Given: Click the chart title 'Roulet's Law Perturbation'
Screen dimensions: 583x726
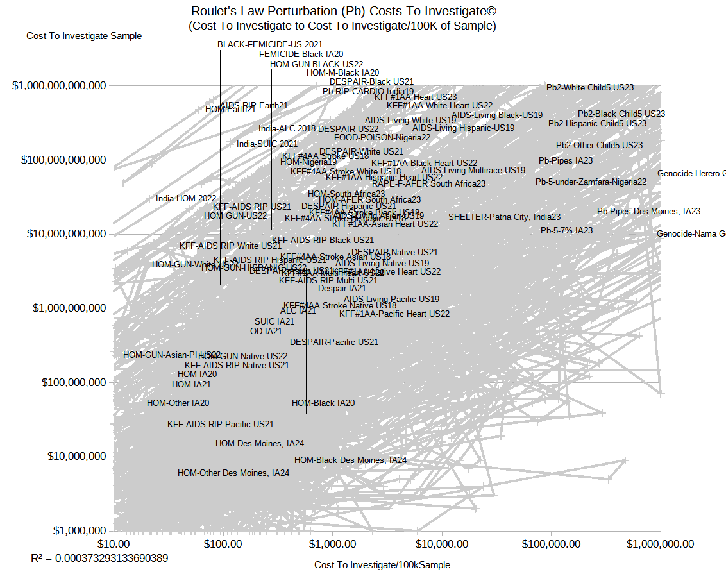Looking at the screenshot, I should point(344,12).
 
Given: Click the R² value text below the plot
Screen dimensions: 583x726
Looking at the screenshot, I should point(99,558).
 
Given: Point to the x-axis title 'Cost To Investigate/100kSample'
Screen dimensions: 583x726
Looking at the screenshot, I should point(382,565).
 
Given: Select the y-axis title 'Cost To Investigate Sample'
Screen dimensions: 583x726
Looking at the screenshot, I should point(84,36).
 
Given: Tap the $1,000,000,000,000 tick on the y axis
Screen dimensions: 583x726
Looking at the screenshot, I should point(58,85).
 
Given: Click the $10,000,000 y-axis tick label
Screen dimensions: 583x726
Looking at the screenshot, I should point(67,457).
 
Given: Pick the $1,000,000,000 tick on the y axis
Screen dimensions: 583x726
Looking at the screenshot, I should point(63,308).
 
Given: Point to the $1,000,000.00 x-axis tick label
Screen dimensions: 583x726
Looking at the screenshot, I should point(660,545).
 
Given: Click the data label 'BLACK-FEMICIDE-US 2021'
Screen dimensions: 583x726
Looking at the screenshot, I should point(270,44).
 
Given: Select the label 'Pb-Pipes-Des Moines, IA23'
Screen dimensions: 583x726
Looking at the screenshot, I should point(648,211).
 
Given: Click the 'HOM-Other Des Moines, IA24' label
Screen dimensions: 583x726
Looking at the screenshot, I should point(233,473).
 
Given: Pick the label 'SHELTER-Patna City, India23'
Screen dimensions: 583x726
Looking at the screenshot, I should point(504,217).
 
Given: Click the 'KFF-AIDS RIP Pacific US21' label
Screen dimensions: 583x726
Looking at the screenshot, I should point(221,424).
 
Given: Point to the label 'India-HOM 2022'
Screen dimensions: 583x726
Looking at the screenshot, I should point(186,199).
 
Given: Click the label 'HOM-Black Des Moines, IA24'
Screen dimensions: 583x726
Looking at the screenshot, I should point(350,460).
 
